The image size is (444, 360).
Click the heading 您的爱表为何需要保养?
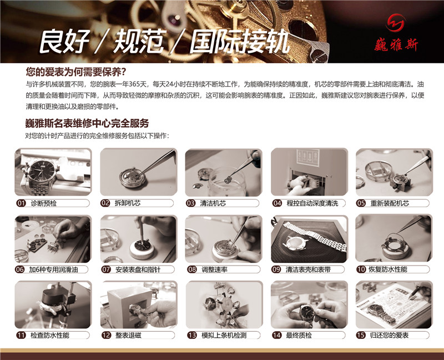[76, 72]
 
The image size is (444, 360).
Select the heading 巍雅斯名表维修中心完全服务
[87, 123]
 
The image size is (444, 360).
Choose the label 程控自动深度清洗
[312, 203]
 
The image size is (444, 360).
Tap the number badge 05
[361, 203]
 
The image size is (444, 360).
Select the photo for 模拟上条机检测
[223, 304]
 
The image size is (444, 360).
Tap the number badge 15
[361, 336]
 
